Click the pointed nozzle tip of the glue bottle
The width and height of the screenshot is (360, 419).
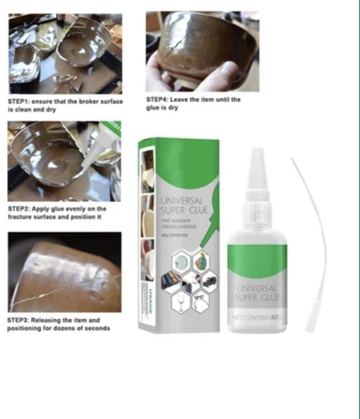257,153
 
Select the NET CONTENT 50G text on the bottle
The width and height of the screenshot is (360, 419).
257,318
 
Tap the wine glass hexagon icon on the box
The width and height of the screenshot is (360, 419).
181,303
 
